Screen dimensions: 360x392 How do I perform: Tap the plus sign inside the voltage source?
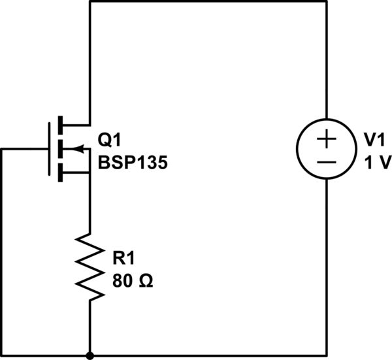coord(326,139)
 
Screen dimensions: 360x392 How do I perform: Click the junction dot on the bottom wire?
coord(90,356)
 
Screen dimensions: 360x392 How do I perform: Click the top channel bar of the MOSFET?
coord(61,124)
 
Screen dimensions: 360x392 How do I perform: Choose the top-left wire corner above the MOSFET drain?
coord(90,2)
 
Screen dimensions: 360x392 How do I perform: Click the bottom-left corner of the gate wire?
coord(2,356)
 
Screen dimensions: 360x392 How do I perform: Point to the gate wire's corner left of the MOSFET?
coord(2,149)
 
